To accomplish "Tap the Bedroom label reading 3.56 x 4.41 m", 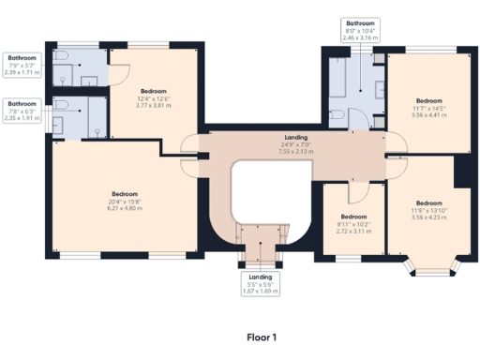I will pos(429,108).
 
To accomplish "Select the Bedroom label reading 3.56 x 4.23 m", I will pos(429,210).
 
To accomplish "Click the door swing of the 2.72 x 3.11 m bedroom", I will pos(354,192).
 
